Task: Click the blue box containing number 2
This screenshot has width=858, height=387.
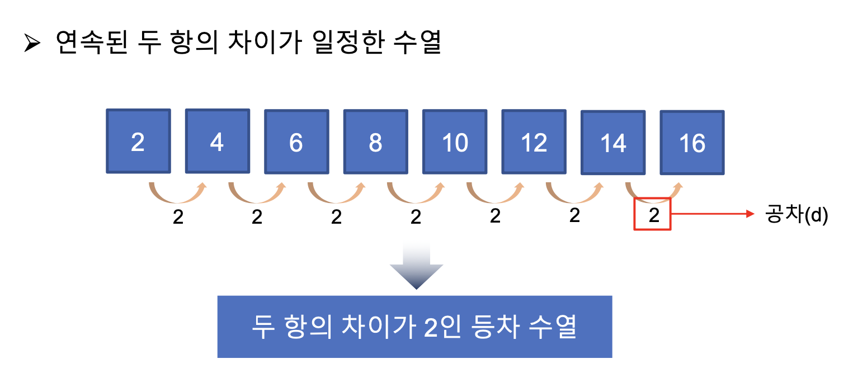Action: [x=138, y=141]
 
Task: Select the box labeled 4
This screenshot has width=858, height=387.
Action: [x=217, y=141]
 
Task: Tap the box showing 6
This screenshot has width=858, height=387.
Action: [x=296, y=142]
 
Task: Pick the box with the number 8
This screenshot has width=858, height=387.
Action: [x=375, y=142]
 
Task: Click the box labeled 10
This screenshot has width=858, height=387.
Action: [x=455, y=142]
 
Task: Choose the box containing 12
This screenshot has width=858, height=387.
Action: [x=534, y=142]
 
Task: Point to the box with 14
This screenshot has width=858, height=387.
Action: [x=613, y=143]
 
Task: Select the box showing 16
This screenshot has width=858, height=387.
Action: [x=692, y=143]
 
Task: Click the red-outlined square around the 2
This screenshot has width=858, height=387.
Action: [x=652, y=214]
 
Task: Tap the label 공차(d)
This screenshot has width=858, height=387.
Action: [x=796, y=215]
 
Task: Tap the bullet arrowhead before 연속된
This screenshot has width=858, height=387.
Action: [x=32, y=44]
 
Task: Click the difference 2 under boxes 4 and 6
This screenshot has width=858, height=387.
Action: [x=257, y=216]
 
